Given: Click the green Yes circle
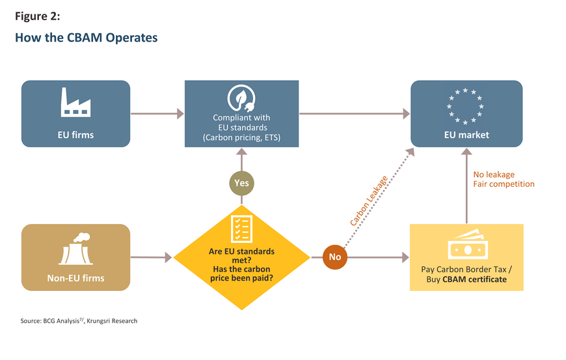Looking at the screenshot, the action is click(241, 183).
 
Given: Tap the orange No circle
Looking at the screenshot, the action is click(334, 257).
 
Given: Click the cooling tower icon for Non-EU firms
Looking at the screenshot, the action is click(75, 249).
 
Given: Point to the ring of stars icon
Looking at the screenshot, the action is click(465, 107).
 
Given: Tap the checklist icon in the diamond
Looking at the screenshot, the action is click(241, 229).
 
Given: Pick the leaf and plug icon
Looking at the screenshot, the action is click(241, 98).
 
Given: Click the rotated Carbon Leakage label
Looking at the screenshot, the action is click(369, 201).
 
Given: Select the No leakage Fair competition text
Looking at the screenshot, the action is click(504, 180).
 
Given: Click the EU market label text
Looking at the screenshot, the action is click(466, 135).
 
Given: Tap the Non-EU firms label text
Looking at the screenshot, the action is click(76, 279).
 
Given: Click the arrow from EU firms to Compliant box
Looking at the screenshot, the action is click(157, 114).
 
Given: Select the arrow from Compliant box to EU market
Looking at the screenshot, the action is click(355, 114).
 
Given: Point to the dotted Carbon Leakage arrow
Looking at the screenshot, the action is click(379, 199).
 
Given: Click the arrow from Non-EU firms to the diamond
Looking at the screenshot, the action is click(151, 257).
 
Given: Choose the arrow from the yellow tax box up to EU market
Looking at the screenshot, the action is click(466, 186).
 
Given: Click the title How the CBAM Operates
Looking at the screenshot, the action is click(87, 38).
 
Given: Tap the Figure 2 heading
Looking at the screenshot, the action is click(38, 16).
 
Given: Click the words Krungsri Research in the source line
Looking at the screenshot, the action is click(112, 321).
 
